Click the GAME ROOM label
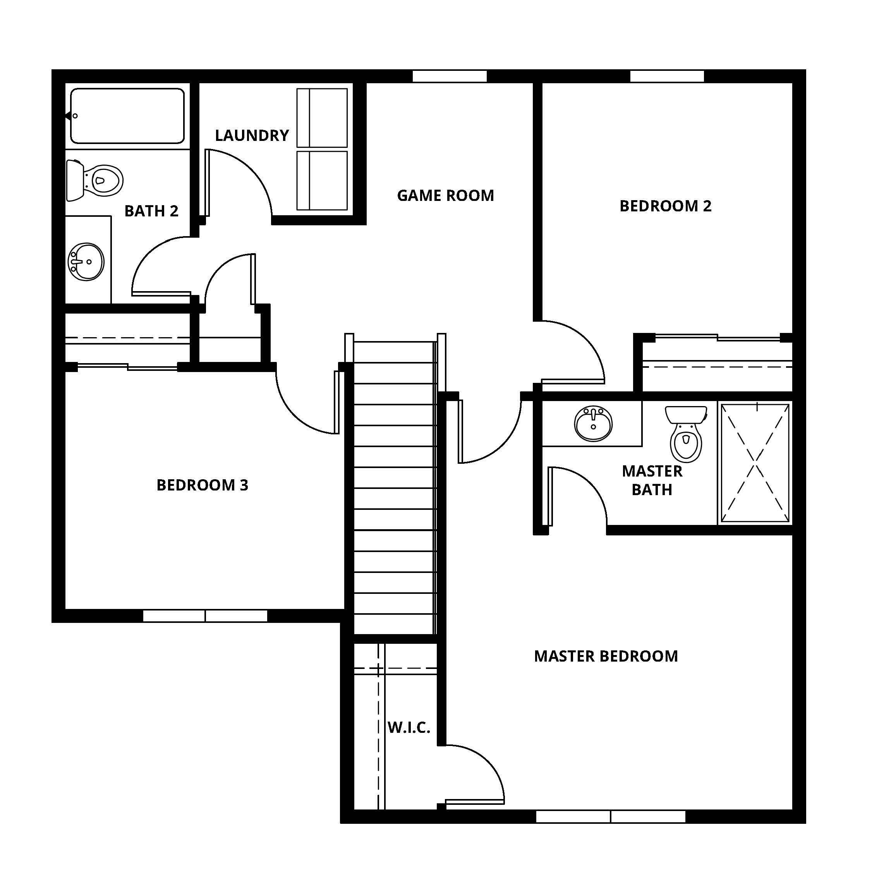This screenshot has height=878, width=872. coord(445,196)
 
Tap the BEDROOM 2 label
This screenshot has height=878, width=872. coord(665,206)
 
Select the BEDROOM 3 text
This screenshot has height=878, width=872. coord(202,485)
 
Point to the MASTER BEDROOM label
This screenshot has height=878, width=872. coord(606,656)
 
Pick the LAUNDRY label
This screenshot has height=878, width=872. coord(252,135)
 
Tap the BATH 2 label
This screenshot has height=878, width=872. coord(151,211)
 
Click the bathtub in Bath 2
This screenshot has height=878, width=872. coord(127,116)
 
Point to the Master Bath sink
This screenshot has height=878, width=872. coord(593,423)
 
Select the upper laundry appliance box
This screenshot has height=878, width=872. coord(322,118)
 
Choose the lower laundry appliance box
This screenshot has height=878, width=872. coord(322,180)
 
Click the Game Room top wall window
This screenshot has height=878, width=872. coord(449,76)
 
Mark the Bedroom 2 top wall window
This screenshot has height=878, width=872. coord(666,76)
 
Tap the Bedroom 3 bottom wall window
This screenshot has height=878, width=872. coord(205,616)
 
